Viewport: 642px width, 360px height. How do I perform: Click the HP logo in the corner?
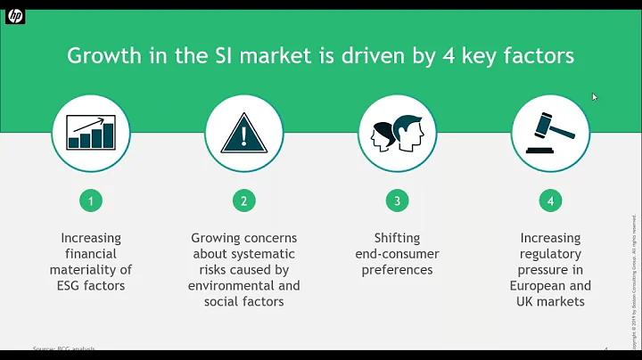15,17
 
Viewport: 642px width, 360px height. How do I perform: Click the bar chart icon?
91,134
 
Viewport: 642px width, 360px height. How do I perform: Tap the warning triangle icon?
244,134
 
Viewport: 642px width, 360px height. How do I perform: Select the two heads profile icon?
398,134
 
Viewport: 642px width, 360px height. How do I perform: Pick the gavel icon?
550,134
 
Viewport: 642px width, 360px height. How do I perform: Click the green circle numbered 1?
91,201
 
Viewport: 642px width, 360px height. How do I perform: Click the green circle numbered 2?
244,201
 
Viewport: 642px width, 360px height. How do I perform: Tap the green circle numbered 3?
398,201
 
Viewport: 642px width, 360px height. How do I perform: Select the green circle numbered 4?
550,201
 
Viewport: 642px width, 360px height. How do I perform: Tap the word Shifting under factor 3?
398,238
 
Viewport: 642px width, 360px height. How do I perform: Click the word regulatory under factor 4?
550,254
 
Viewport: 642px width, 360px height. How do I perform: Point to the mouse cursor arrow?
594,96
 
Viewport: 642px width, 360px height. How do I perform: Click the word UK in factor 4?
527,302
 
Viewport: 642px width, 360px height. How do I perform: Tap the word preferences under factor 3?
398,270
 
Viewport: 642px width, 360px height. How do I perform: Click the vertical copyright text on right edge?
632,276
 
